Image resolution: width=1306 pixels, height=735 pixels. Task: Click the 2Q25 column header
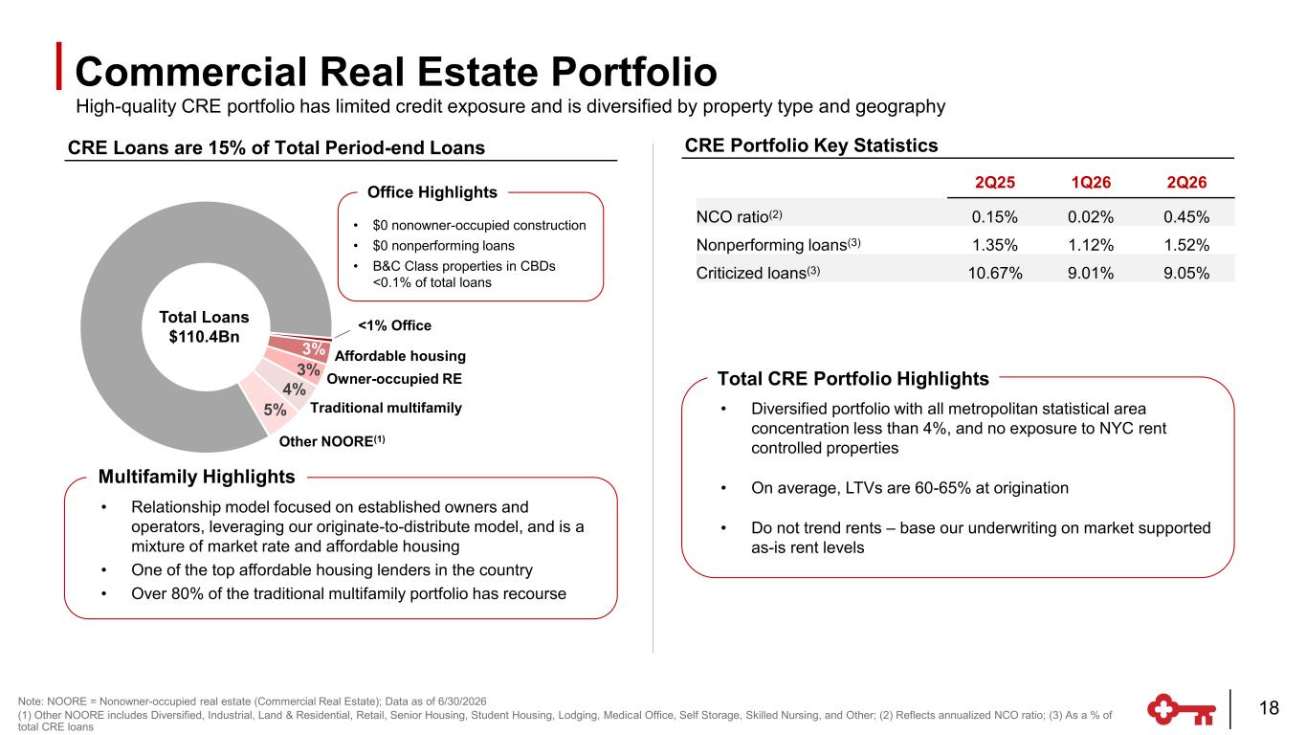pyautogui.click(x=995, y=183)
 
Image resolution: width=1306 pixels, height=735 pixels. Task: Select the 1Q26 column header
pyautogui.click(x=1091, y=183)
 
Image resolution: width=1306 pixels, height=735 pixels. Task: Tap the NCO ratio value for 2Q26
pyautogui.click(x=1186, y=217)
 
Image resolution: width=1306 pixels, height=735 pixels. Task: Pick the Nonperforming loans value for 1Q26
pyautogui.click(x=1091, y=245)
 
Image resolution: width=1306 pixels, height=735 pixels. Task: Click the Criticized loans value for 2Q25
pyautogui.click(x=995, y=273)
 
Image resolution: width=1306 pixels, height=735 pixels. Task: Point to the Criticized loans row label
pyautogui.click(x=758, y=273)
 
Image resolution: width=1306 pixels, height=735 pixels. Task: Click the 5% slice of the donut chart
pyautogui.click(x=270, y=409)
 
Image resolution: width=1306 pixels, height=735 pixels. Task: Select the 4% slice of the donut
pyautogui.click(x=292, y=388)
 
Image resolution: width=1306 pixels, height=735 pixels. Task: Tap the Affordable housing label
pyautogui.click(x=400, y=356)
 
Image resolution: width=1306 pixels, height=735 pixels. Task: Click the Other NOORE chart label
pyautogui.click(x=332, y=441)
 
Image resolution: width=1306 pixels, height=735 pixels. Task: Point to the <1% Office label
pyautogui.click(x=395, y=325)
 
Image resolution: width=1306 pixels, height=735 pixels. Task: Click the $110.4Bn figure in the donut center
pyautogui.click(x=204, y=337)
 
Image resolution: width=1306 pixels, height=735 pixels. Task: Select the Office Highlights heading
pyautogui.click(x=432, y=192)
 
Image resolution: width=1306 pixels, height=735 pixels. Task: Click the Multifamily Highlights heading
pyautogui.click(x=196, y=477)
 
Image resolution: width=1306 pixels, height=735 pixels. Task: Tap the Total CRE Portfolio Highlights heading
pyautogui.click(x=853, y=379)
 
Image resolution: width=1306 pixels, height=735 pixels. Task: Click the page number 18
pyautogui.click(x=1269, y=708)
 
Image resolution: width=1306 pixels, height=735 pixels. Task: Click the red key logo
pyautogui.click(x=1182, y=709)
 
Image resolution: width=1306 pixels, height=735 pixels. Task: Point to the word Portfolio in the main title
pyautogui.click(x=634, y=72)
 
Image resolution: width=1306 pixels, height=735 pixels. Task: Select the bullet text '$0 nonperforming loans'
pyautogui.click(x=444, y=246)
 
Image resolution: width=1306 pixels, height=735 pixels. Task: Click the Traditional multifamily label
pyautogui.click(x=386, y=408)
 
